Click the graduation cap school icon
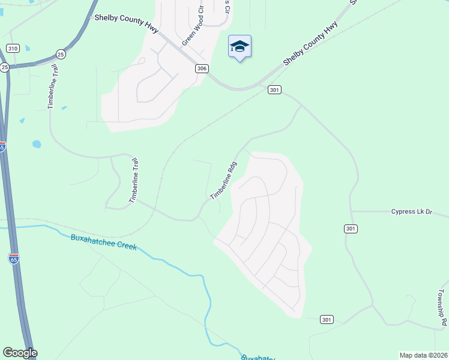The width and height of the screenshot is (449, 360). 240,46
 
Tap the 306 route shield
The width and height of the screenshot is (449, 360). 202,69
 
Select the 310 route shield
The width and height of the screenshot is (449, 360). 13,48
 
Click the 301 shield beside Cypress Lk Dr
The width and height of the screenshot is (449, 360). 352,229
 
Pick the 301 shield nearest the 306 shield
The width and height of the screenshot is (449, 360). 274,90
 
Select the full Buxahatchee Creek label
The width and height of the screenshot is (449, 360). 104,242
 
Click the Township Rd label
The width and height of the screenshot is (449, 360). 441,308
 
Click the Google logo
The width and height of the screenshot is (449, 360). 20,353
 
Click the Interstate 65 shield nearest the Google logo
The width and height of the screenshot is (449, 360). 13,259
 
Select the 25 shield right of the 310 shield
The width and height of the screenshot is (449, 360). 61,54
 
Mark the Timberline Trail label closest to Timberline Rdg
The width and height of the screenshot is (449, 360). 133,180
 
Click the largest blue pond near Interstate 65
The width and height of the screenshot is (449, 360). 37,145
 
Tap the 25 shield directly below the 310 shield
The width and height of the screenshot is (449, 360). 4,67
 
